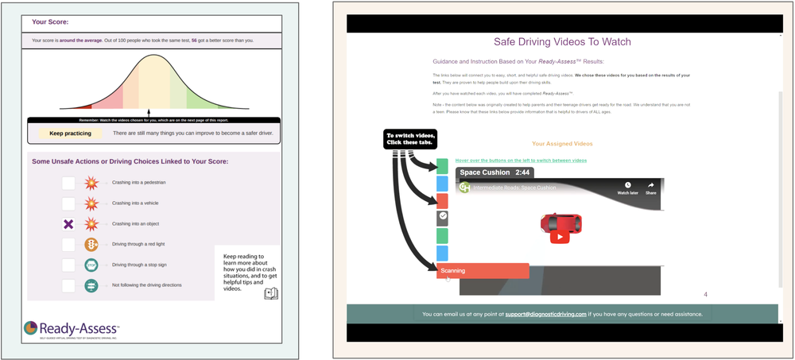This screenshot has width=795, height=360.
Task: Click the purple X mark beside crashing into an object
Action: (68, 224)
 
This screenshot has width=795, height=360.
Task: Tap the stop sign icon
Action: (91, 265)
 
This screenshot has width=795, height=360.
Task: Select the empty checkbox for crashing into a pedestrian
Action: (68, 183)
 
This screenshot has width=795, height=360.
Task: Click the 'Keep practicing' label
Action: (70, 134)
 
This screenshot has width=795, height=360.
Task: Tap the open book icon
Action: (271, 294)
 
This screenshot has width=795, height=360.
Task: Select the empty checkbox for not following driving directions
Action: (68, 285)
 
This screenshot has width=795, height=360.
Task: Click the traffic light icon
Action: (91, 244)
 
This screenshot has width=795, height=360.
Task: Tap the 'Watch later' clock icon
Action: (627, 188)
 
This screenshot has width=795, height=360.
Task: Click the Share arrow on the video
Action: (650, 188)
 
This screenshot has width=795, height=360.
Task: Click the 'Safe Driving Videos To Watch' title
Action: (562, 41)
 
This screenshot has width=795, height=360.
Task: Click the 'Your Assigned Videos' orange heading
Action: (562, 145)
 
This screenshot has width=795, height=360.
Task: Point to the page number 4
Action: (705, 295)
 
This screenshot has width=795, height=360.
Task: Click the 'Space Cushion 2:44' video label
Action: (494, 172)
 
